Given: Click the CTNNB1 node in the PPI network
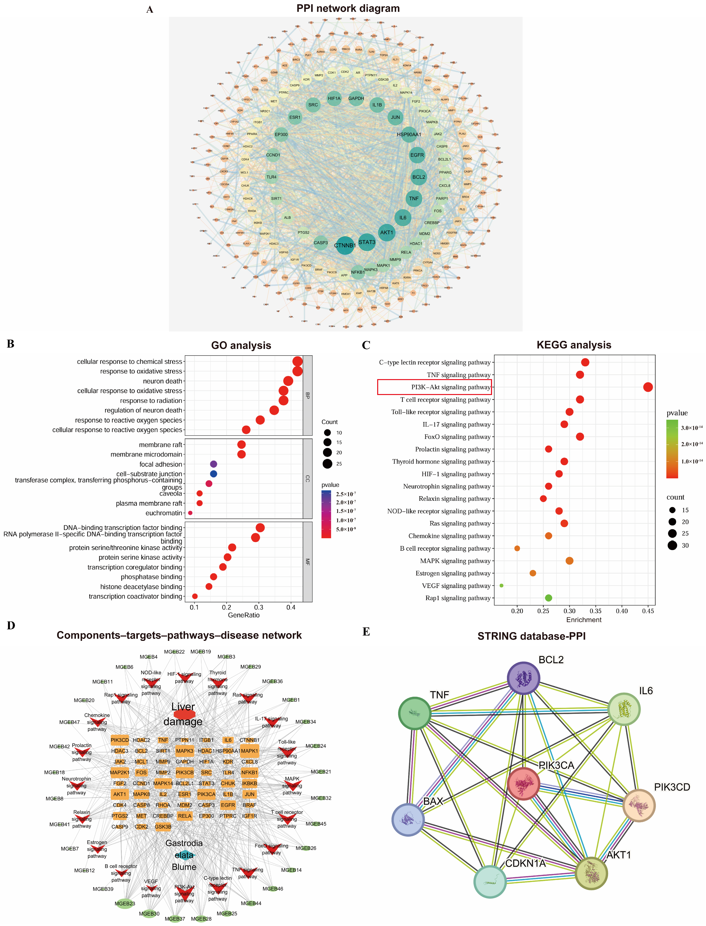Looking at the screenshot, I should coord(345,245).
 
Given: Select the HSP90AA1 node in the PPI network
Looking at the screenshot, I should coord(408,134).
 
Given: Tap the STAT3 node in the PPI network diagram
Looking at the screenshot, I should coord(367,242).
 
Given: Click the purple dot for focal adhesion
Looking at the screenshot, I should coord(214,464).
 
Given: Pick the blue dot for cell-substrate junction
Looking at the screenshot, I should coord(214,474).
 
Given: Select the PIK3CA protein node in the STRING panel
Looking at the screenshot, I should coord(523,784).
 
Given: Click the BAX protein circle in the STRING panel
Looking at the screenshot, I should coord(408,819).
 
